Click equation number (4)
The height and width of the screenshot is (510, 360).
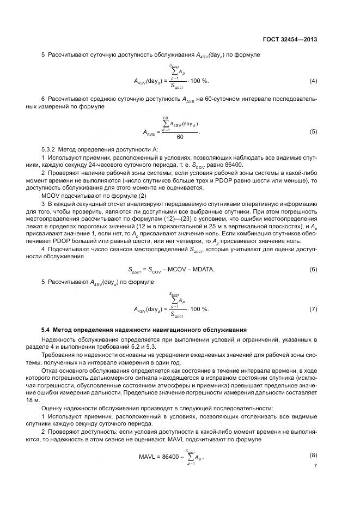coord(313,81)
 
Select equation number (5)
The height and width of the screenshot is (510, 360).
coord(313,131)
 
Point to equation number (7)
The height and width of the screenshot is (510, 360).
coord(313,309)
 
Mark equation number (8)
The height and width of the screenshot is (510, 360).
coord(313,454)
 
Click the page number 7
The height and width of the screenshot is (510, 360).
coord(315,466)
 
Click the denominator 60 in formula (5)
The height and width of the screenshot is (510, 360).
coord(180,137)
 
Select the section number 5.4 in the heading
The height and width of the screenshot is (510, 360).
coord(47,330)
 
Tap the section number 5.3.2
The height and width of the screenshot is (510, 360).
coord(51,149)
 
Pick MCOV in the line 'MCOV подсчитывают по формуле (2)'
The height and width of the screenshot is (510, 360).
coord(51,195)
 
